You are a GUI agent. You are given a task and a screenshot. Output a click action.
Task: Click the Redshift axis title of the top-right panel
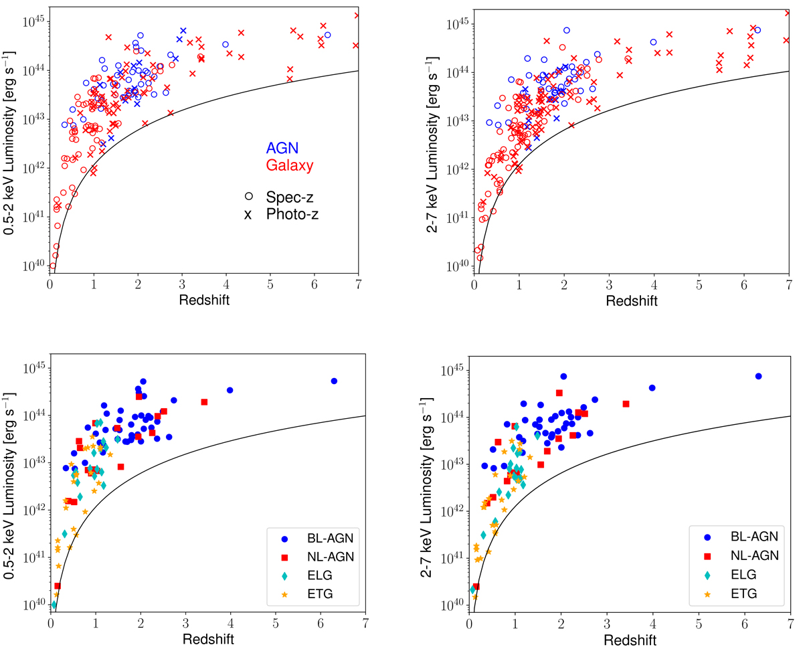[x=632, y=300]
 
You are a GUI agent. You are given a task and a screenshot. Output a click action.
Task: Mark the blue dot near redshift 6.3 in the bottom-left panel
[x=334, y=381]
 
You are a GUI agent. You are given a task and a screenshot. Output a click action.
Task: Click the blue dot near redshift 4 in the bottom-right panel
[x=652, y=387]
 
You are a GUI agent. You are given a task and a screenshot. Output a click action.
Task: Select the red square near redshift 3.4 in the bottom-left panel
[x=204, y=401]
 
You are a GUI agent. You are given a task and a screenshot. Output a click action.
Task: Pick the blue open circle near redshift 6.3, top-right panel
[x=757, y=29]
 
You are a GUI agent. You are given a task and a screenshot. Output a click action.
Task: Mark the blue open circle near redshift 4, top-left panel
[x=226, y=44]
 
